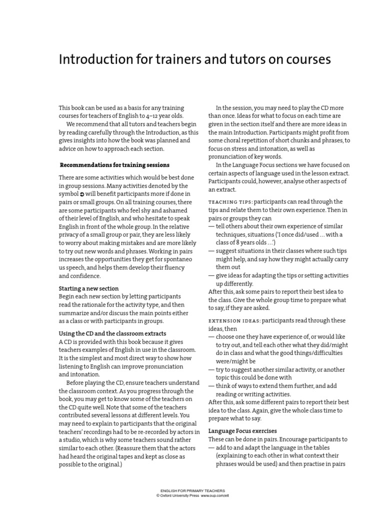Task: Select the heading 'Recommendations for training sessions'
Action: click(114, 164)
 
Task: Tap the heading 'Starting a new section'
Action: click(89, 288)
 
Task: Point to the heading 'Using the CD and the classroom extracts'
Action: click(112, 333)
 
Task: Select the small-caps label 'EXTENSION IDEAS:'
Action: click(234, 320)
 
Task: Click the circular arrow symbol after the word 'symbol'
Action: click(82, 194)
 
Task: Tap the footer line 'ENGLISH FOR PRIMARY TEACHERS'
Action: click(192, 490)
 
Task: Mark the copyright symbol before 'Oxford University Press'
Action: click(158, 495)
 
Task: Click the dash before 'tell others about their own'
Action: click(211, 226)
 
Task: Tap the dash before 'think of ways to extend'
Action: click(211, 385)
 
